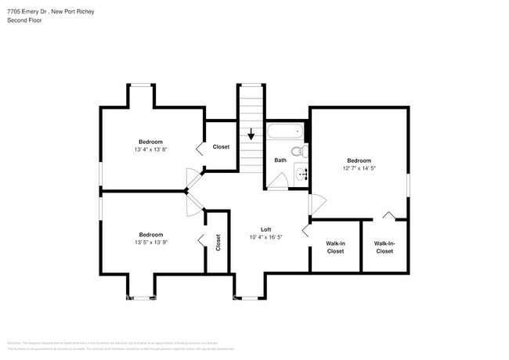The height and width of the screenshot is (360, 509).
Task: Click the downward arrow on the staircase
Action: pyautogui.click(x=251, y=135)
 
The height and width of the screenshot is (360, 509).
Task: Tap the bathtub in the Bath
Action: pyautogui.click(x=286, y=131)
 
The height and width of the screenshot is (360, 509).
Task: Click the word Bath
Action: pyautogui.click(x=280, y=160)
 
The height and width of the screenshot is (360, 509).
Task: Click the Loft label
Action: pyautogui.click(x=265, y=229)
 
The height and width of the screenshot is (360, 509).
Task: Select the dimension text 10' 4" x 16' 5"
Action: pyautogui.click(x=265, y=237)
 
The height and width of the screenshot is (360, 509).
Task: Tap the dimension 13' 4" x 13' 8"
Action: pyautogui.click(x=151, y=149)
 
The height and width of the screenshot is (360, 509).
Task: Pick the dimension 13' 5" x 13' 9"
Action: pyautogui.click(x=151, y=243)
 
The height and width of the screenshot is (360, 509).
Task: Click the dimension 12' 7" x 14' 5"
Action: pyautogui.click(x=359, y=167)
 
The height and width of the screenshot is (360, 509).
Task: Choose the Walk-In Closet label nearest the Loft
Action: pyautogui.click(x=335, y=247)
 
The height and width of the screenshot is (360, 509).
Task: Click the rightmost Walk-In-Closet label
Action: pyautogui.click(x=384, y=247)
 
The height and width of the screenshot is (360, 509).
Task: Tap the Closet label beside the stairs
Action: pyautogui.click(x=221, y=147)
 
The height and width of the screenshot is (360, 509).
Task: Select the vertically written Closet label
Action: pyautogui.click(x=218, y=243)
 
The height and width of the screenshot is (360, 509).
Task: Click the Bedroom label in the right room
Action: pyautogui.click(x=359, y=160)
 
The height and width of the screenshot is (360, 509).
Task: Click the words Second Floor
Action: pyautogui.click(x=24, y=20)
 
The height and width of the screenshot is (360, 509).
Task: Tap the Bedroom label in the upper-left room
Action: pyautogui.click(x=151, y=142)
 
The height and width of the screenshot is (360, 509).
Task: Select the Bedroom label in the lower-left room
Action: pyautogui.click(x=151, y=235)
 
